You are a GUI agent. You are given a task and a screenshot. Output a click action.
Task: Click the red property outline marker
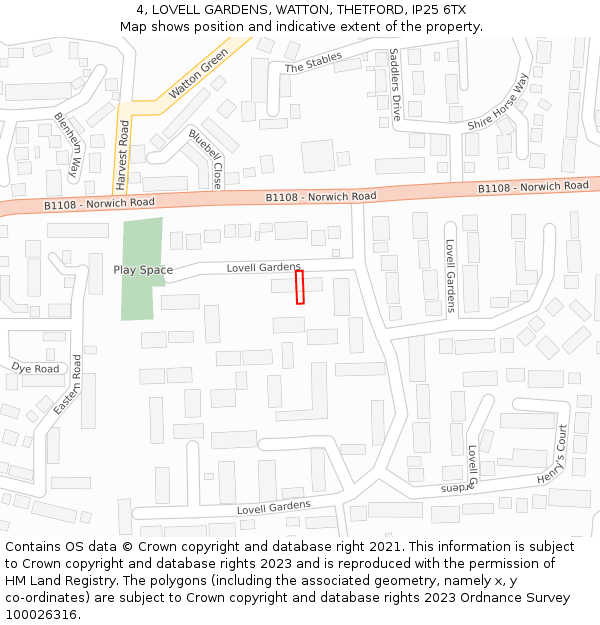299,287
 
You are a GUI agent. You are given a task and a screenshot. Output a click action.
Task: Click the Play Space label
143,270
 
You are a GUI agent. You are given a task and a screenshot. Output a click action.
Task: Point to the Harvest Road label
123,156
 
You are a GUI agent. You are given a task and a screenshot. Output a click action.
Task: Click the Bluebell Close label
206,158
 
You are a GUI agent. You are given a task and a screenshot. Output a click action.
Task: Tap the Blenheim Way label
68,145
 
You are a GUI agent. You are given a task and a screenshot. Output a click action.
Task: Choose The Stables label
313,64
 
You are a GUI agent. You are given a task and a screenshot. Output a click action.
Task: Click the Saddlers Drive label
394,83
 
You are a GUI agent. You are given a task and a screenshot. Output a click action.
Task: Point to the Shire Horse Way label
497,103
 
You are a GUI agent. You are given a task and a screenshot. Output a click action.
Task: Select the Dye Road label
36,368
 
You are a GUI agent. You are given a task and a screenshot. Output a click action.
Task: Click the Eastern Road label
68,384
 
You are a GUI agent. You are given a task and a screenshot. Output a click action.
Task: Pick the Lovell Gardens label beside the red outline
263,267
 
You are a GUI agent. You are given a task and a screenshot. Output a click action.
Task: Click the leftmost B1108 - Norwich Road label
99,203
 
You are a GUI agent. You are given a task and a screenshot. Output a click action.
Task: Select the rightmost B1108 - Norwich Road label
533,186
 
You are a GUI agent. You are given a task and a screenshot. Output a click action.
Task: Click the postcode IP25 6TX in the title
441,9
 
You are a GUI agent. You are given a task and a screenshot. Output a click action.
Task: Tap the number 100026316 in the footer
41,615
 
